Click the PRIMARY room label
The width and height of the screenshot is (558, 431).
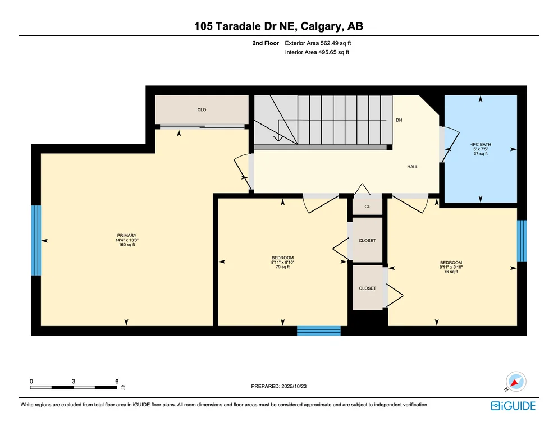pyautogui.click(x=127, y=235)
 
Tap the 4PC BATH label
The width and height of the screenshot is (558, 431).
pyautogui.click(x=481, y=144)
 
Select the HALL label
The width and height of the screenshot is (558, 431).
pyautogui.click(x=413, y=167)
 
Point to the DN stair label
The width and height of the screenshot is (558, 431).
pyautogui.click(x=399, y=120)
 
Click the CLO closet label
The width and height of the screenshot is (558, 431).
pyautogui.click(x=202, y=109)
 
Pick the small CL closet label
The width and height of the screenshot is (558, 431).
pyautogui.click(x=367, y=207)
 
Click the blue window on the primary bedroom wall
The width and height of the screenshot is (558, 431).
pyautogui.click(x=36, y=240)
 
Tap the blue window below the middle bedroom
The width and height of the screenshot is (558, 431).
pyautogui.click(x=319, y=331)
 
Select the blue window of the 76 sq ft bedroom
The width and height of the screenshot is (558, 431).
pyautogui.click(x=522, y=241)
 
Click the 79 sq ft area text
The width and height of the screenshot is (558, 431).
pyautogui.click(x=282, y=267)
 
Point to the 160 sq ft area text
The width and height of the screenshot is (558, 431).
pyautogui.click(x=127, y=245)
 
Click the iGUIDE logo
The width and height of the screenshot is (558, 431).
pyautogui.click(x=513, y=406)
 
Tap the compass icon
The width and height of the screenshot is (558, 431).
pyautogui.click(x=516, y=382)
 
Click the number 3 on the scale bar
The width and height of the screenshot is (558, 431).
pyautogui.click(x=74, y=381)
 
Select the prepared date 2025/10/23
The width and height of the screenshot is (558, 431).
pyautogui.click(x=294, y=386)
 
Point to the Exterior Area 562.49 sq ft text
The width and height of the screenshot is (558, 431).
pyautogui.click(x=318, y=43)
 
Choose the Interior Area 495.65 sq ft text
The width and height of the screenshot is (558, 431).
pyautogui.click(x=317, y=52)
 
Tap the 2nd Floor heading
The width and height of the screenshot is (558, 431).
pyautogui.click(x=266, y=43)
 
